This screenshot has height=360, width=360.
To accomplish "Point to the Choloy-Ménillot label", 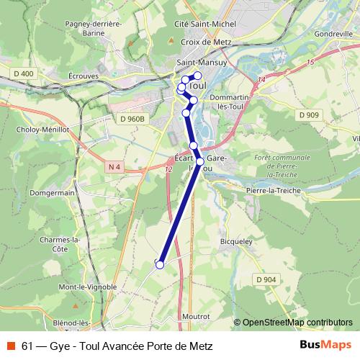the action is point(41,130).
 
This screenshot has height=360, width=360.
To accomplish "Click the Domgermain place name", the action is point(52,193).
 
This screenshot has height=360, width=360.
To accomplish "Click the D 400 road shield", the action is point(23,73).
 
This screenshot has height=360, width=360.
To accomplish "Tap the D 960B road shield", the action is point(132,118).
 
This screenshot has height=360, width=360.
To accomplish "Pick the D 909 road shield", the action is point(309,114).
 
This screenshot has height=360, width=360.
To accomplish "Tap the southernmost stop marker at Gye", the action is point(160,264).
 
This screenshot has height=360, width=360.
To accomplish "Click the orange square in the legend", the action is point(10,346).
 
